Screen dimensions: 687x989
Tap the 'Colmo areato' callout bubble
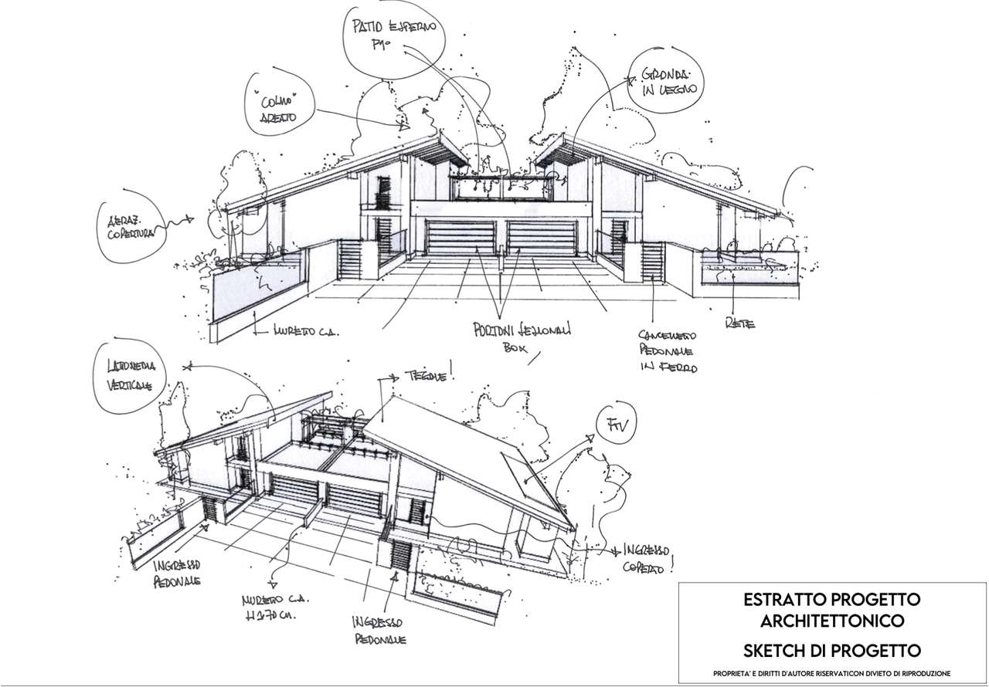click(x=272, y=109)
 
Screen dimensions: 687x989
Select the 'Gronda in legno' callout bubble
click(x=668, y=82)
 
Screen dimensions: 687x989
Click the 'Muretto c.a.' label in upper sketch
click(x=305, y=332)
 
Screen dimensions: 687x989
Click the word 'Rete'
click(x=739, y=325)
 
